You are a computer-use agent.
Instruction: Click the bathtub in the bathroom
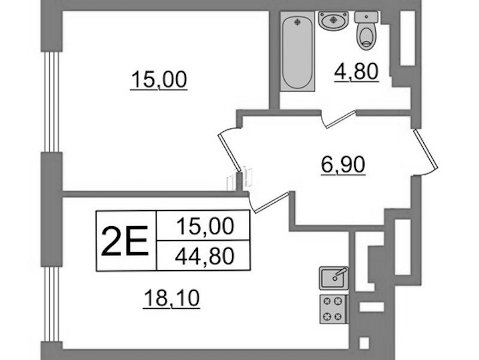297,51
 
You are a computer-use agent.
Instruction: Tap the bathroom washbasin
333,21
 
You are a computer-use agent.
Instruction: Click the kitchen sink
333,278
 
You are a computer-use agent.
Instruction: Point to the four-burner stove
334,309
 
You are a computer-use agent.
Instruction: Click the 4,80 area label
357,72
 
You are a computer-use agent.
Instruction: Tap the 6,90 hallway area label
343,165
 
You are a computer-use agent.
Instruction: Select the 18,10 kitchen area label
171,299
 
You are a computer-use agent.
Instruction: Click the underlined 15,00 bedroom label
159,80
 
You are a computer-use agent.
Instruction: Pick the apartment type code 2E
125,241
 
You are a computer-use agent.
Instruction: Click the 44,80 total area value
204,256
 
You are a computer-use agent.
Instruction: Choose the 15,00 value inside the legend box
205,226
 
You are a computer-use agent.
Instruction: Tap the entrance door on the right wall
426,149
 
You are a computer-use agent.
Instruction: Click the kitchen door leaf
271,202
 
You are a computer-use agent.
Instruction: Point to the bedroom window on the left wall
52,102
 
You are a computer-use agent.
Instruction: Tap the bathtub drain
297,22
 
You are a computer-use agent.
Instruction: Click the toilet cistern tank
366,17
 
